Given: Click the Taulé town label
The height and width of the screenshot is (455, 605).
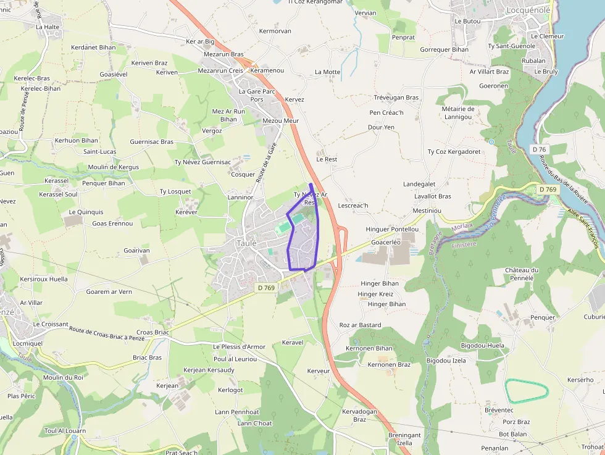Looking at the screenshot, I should [246, 243].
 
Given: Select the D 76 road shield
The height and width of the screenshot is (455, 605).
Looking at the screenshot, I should [540, 149].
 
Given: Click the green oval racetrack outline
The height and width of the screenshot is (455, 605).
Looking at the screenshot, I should [527, 391].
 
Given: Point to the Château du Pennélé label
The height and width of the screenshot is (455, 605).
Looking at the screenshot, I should [522, 274].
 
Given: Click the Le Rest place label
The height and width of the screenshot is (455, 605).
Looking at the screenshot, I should [327, 159].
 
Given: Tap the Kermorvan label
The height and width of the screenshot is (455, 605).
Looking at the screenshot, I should [275, 31].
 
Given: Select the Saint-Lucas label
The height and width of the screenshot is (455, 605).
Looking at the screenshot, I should [100, 151].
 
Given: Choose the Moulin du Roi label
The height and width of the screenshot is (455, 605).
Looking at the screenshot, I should [63, 377].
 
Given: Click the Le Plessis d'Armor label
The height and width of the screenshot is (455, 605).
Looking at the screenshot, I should [239, 347].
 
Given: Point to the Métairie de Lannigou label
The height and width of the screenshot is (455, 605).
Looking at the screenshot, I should [458, 113].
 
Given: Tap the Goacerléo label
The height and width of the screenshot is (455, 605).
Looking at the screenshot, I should [386, 243].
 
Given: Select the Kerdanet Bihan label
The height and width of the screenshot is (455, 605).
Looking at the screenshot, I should [93, 47].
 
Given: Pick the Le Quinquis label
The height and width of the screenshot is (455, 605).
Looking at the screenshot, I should [86, 212].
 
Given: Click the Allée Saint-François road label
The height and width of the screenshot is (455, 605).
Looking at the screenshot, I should [583, 230].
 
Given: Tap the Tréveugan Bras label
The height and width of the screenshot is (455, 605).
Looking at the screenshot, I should [396, 98].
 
